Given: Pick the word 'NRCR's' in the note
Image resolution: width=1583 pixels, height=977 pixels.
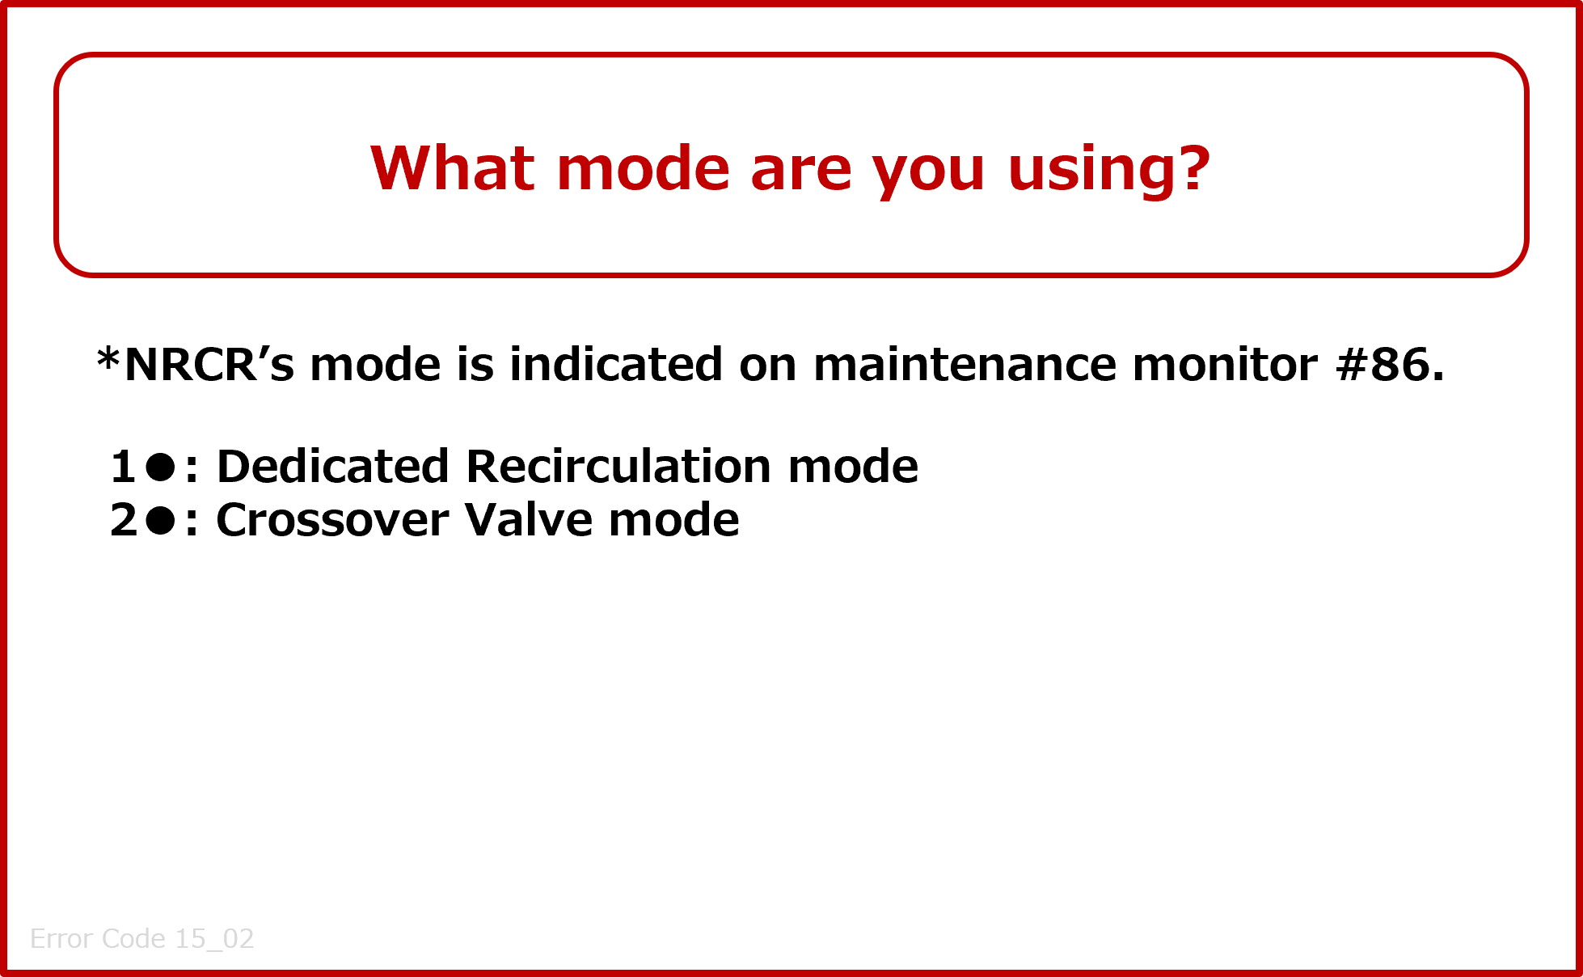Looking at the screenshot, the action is click(209, 364).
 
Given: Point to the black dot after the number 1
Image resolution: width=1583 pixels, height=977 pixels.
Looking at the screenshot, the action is click(161, 467).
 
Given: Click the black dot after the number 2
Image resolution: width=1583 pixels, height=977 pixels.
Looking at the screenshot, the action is click(161, 520).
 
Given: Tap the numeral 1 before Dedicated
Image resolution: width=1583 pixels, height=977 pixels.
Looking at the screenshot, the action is click(124, 467).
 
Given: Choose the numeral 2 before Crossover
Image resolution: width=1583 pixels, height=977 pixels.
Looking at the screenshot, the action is click(125, 519).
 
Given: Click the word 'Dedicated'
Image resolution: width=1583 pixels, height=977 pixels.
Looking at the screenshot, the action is click(333, 467).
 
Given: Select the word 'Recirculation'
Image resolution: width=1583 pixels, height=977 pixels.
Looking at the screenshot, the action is click(618, 467).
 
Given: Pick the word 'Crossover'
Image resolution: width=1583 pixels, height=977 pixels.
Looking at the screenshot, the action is click(332, 519).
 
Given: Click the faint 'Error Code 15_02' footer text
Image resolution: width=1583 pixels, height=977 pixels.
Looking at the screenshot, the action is click(142, 938).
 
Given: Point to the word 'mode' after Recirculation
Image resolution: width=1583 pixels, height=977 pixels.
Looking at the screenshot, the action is click(853, 467).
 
